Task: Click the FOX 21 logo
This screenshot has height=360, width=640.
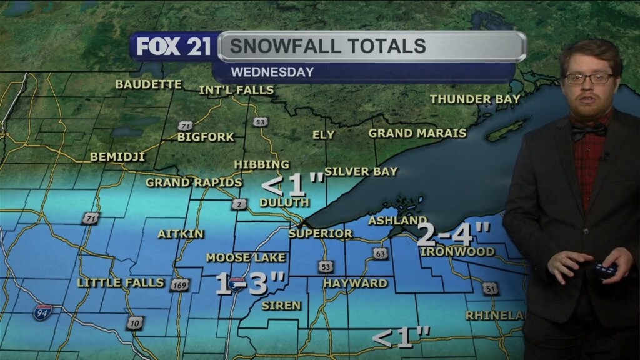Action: pos(174,47)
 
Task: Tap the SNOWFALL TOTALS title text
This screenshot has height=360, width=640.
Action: pos(327,46)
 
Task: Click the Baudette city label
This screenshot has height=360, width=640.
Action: pos(149,84)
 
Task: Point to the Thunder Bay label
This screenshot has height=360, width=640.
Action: pos(475,99)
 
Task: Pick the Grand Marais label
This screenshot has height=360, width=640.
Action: pos(417,133)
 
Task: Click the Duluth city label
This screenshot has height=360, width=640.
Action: pos(284,202)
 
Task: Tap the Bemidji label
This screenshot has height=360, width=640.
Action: pos(117,157)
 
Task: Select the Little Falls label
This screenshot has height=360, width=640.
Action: pos(121,282)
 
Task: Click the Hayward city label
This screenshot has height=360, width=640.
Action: pos(355,283)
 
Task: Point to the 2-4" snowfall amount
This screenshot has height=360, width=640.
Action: pos(454,235)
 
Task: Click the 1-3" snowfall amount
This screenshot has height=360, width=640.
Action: pos(251,284)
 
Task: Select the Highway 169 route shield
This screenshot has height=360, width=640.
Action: pos(179,284)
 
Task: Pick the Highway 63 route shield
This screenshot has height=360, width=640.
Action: pos(381,253)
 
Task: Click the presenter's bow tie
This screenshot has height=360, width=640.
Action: pos(589,130)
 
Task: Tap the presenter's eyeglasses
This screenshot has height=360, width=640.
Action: pos(589,79)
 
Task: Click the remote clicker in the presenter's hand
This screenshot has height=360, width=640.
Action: pos(604,271)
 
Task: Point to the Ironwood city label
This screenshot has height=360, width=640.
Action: pos(457,251)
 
